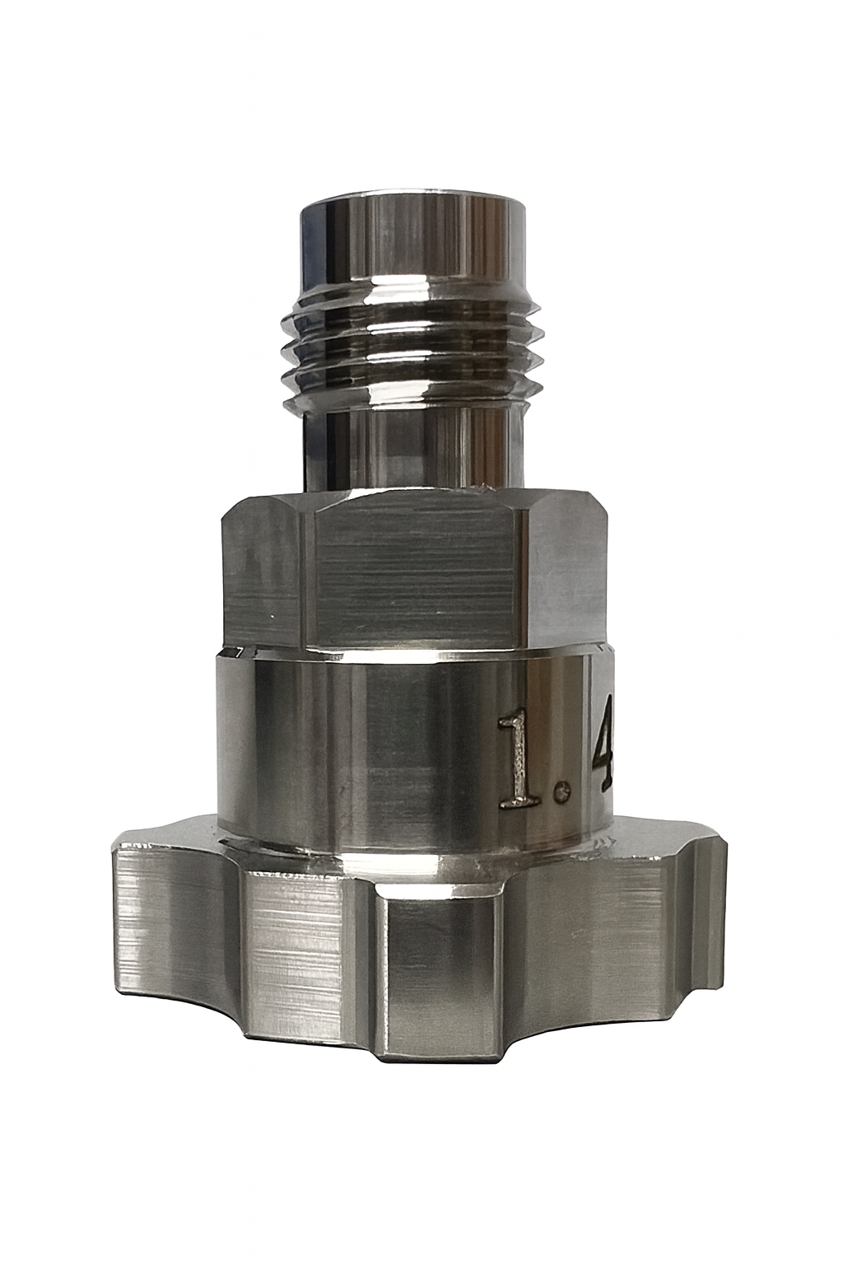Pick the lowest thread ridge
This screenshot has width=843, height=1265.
tap(412, 380)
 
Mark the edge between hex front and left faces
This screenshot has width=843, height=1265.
tap(310, 576)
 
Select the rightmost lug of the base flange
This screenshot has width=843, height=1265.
tap(700, 906)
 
